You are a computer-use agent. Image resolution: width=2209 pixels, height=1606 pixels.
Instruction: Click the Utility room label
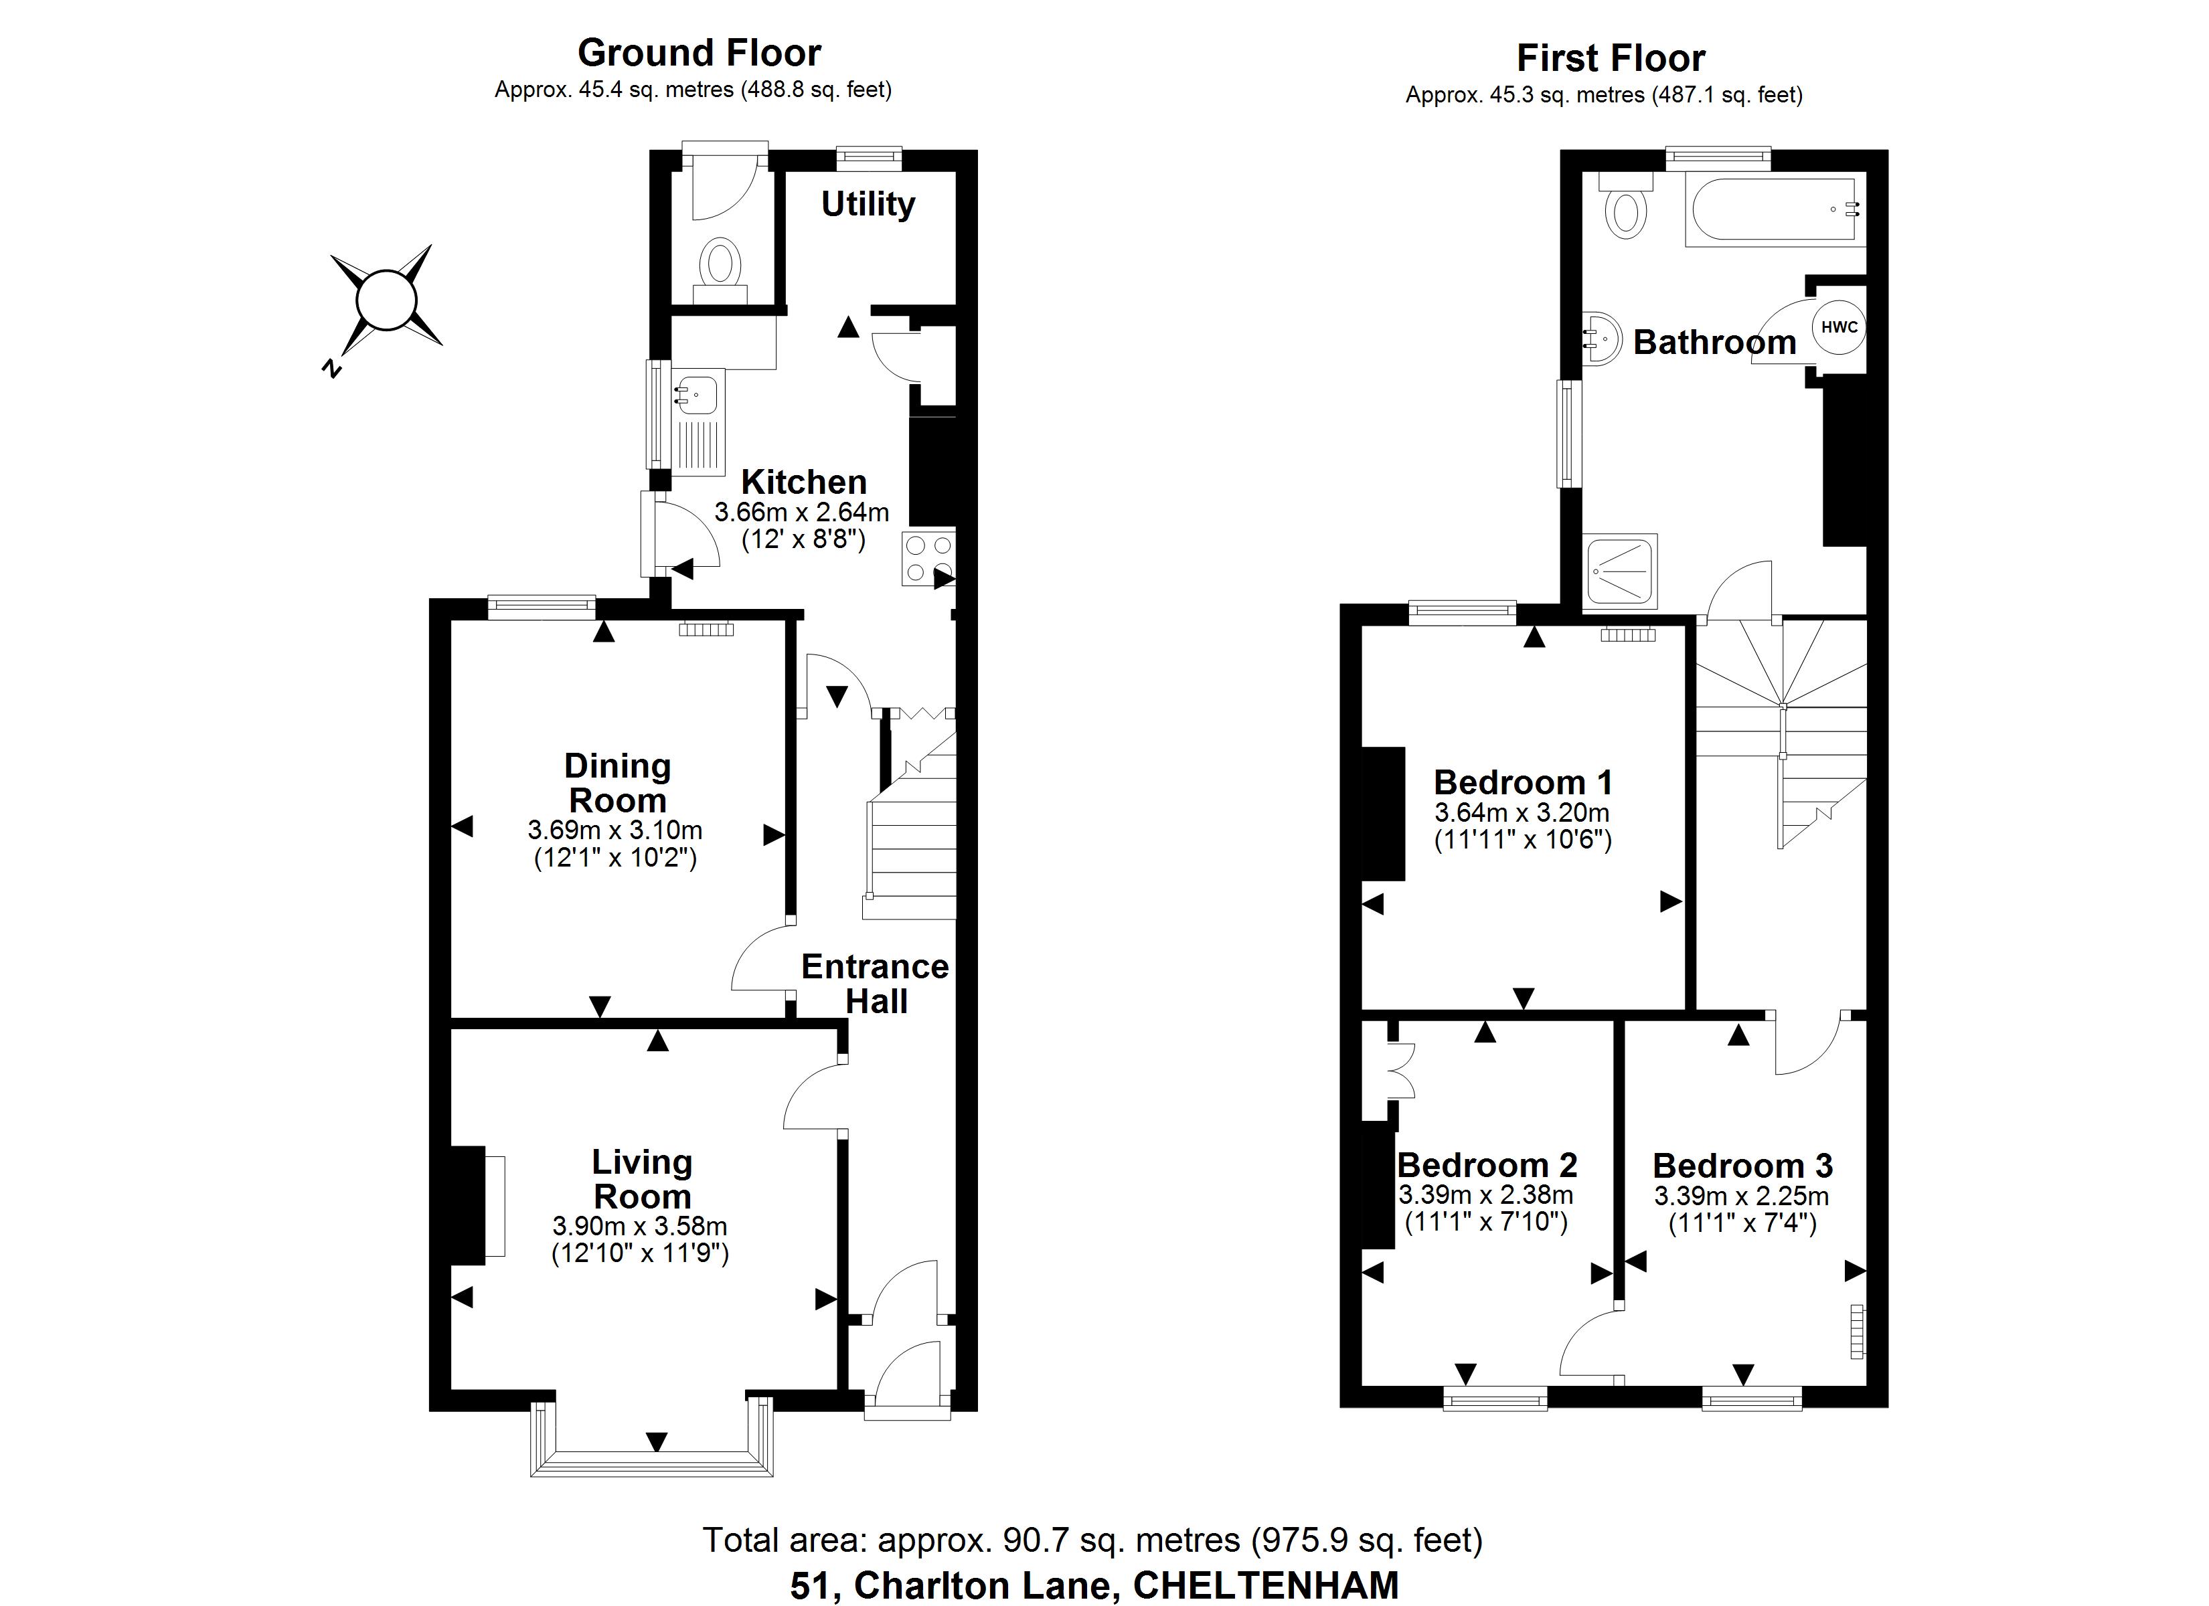pyautogui.click(x=868, y=205)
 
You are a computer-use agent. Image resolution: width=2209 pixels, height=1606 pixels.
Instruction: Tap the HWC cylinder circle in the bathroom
pyautogui.click(x=1839, y=327)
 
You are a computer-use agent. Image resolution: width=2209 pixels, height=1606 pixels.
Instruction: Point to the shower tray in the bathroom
pyautogui.click(x=1621, y=571)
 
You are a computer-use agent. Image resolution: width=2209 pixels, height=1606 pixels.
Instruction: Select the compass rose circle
pyautogui.click(x=387, y=300)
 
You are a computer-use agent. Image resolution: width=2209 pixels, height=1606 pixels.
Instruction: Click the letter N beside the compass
pyautogui.click(x=332, y=367)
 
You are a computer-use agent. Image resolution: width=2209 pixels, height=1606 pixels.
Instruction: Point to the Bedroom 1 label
pyautogui.click(x=1524, y=782)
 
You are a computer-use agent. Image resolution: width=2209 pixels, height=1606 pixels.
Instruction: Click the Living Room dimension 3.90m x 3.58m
pyautogui.click(x=640, y=1226)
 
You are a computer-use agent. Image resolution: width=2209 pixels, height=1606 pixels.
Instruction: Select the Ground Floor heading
pyautogui.click(x=700, y=52)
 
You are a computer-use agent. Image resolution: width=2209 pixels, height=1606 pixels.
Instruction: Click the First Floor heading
pyautogui.click(x=1611, y=58)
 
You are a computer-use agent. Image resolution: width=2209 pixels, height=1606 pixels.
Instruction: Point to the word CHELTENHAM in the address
pyautogui.click(x=1266, y=1585)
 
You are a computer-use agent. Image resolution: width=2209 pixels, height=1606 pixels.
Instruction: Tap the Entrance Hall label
pyautogui.click(x=875, y=984)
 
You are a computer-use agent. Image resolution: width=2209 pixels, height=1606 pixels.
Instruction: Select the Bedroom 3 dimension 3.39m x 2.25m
pyautogui.click(x=1742, y=1196)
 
